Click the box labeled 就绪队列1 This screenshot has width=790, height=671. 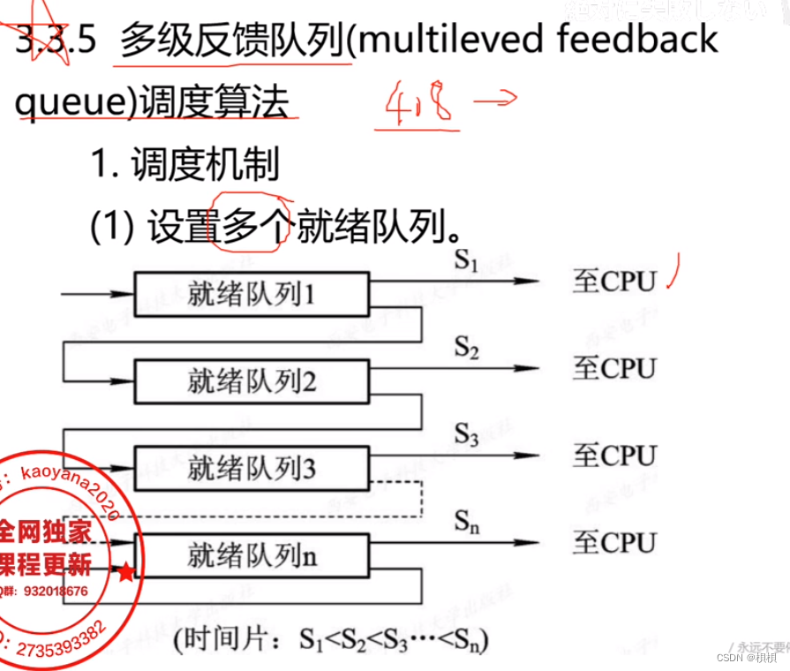click(251, 294)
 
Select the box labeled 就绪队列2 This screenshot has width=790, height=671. click(251, 381)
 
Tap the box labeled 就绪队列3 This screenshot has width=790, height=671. click(251, 467)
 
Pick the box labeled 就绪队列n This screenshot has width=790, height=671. click(251, 556)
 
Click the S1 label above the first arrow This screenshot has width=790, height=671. click(466, 262)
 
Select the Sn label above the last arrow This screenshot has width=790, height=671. click(467, 521)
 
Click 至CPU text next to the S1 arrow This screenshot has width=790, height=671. click(615, 282)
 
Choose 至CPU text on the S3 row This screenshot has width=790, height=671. click(615, 456)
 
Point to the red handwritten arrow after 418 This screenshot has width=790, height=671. click(494, 102)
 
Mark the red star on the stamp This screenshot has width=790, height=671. click(126, 573)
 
